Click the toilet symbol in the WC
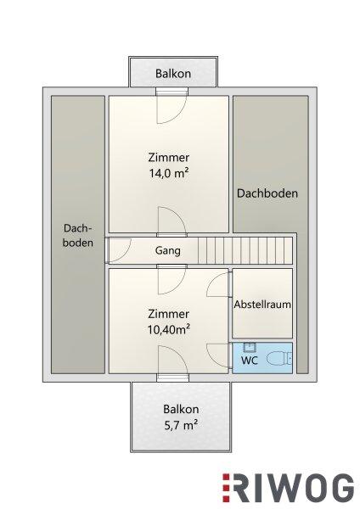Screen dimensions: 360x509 [279, 359]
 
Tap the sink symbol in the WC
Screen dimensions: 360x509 [250, 348]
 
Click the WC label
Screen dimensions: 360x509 [250, 361]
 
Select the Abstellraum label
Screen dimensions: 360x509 [262, 305]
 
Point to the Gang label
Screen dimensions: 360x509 [167, 250]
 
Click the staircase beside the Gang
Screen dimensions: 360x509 [245, 250]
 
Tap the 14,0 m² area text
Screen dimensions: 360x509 [169, 173]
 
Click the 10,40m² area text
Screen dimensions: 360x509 [169, 329]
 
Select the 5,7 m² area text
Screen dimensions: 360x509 [181, 425]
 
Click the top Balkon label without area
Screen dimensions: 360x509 [173, 73]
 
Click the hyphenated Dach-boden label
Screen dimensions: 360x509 [78, 235]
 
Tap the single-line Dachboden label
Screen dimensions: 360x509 [267, 193]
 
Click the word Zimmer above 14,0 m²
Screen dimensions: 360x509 [169, 158]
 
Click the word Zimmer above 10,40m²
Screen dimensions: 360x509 [168, 314]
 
